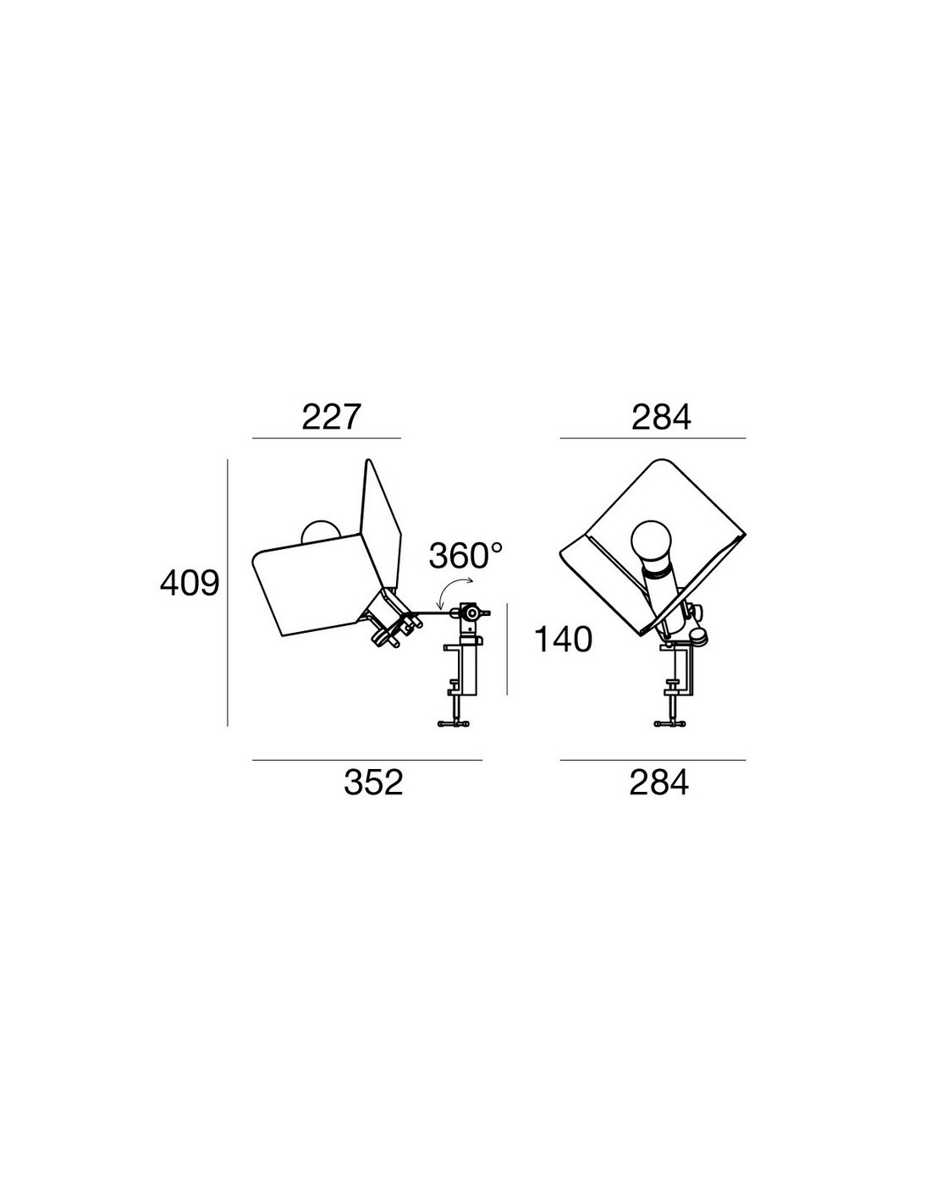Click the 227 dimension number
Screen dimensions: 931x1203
[331, 417]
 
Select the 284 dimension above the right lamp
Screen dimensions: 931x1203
[661, 417]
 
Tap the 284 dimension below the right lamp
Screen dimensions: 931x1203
[658, 783]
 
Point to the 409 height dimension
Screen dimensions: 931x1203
[190, 583]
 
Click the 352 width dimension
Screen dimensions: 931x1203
[373, 783]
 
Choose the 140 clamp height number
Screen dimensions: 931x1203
[563, 640]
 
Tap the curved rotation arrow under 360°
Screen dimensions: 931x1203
[449, 588]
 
